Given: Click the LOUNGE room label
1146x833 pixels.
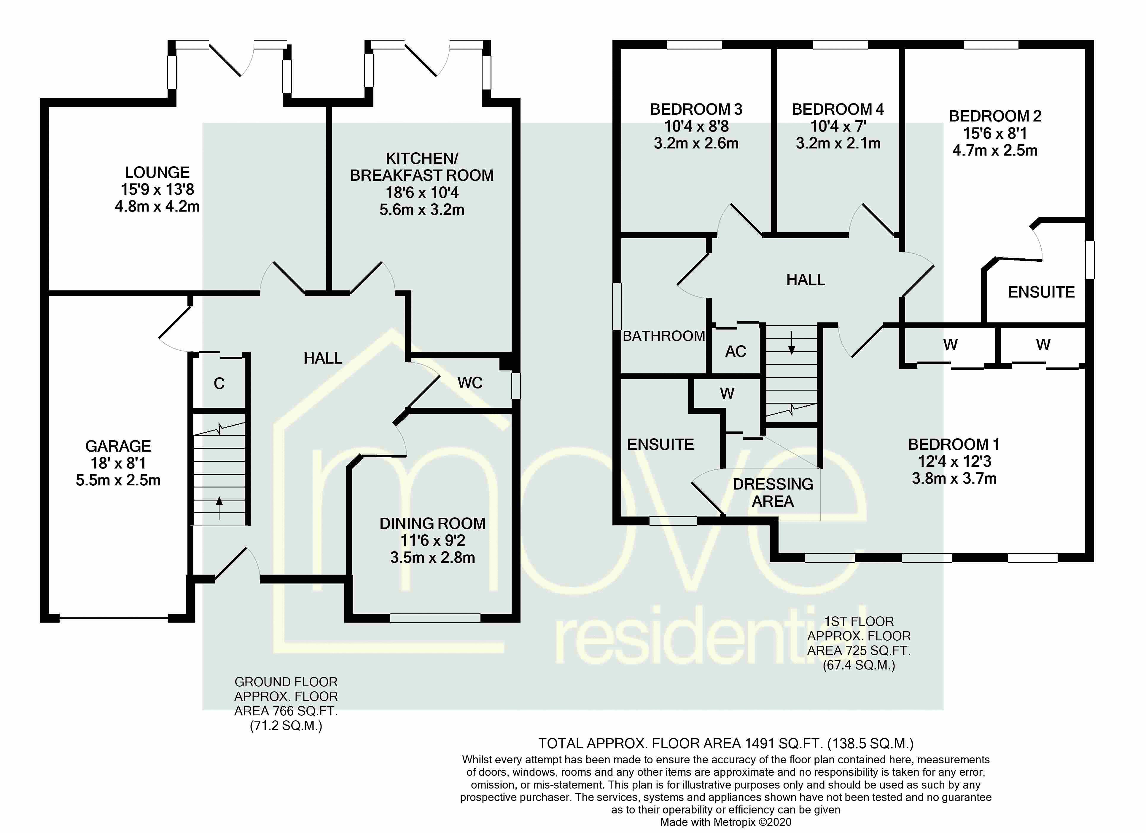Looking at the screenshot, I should [157, 173].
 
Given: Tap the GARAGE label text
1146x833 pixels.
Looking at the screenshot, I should [118, 446].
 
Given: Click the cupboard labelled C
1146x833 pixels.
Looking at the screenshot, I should [219, 384].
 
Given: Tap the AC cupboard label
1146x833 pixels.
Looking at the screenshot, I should [736, 351].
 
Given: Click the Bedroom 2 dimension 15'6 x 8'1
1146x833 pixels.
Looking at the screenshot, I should [995, 134].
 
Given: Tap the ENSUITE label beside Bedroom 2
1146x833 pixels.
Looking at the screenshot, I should [1041, 292].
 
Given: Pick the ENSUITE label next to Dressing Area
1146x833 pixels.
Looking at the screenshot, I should [660, 445].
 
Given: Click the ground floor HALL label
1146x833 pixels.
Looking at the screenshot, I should [323, 359].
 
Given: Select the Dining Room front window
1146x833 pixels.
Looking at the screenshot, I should [435, 618].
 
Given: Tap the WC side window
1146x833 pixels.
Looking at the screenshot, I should [516, 386].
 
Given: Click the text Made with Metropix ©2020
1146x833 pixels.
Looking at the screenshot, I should [726, 822].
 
